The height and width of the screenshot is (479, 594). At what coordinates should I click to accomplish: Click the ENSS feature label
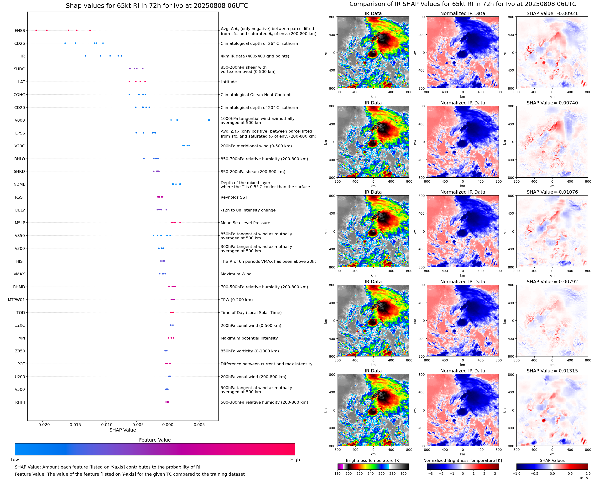coord(20,31)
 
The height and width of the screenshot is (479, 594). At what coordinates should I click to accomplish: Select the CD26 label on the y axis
coord(19,43)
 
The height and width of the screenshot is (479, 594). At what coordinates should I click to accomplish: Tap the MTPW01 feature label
coord(16,300)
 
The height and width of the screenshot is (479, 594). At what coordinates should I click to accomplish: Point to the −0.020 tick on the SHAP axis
coord(42,425)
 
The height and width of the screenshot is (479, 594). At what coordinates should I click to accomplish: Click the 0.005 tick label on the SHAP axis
coord(199,425)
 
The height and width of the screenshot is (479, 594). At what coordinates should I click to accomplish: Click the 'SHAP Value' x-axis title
coord(123,430)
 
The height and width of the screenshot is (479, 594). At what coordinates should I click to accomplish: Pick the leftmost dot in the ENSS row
coord(36,30)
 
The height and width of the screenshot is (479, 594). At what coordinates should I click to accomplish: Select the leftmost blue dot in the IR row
coord(85,56)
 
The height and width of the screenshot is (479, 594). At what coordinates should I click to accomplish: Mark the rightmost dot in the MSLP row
coord(180,223)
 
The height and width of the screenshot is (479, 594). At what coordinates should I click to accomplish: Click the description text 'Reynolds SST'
coord(234,197)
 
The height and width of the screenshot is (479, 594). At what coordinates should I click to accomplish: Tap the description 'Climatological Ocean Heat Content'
coord(255,95)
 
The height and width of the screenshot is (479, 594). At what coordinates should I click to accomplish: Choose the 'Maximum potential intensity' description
coord(249,338)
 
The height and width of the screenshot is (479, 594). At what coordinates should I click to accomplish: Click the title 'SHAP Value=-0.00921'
coord(552,13)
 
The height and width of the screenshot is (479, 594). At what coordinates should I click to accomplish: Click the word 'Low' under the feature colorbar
coord(15,459)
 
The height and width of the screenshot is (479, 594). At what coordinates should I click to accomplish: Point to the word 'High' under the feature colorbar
coord(295,459)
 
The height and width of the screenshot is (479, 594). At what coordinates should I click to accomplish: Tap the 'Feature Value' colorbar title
coord(155,440)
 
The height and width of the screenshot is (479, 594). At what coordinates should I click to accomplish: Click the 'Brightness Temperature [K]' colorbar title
coord(373,460)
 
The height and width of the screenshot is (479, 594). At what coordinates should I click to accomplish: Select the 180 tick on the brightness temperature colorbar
coord(337,474)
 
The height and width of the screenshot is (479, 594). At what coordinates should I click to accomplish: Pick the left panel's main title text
coord(157,6)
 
